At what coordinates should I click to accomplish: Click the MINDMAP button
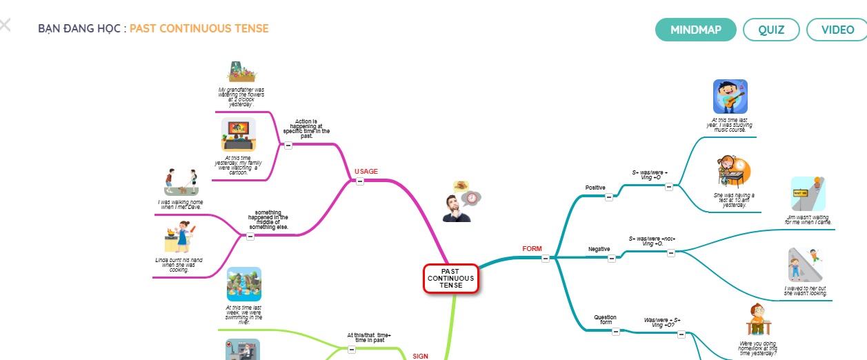click(695, 30)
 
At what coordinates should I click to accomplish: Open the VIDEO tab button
click(837, 30)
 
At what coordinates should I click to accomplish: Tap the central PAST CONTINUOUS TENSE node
click(450, 279)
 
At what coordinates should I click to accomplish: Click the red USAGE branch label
click(366, 171)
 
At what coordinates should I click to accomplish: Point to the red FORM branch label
click(532, 248)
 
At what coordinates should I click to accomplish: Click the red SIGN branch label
click(420, 356)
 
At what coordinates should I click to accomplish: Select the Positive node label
click(595, 188)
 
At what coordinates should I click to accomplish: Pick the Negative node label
click(599, 248)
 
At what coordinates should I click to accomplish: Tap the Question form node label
click(605, 320)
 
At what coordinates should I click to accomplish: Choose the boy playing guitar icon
click(730, 97)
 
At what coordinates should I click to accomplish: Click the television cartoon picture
click(239, 134)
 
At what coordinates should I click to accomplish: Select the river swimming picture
click(244, 284)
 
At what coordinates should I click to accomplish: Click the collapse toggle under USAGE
click(360, 181)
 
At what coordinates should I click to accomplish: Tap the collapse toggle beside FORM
click(546, 259)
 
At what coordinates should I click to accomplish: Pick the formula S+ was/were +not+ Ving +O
click(652, 241)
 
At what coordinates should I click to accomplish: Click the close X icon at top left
click(5, 26)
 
